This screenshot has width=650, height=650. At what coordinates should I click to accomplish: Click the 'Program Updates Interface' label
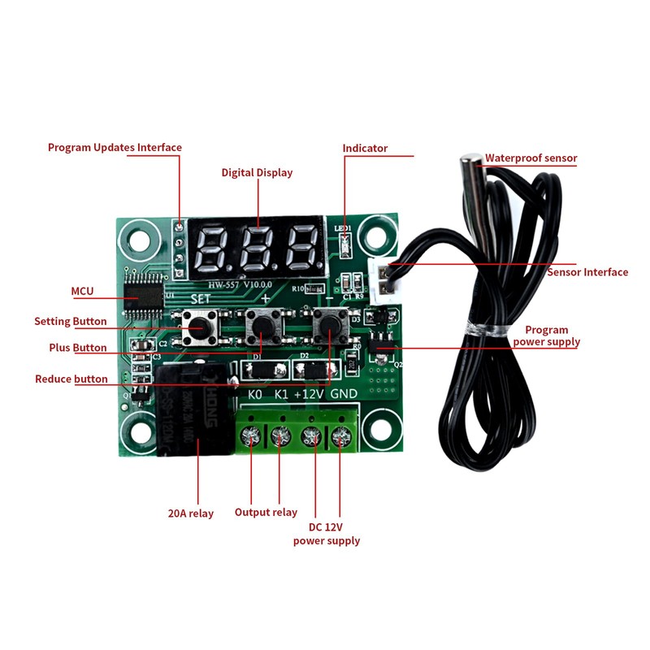tap(115, 147)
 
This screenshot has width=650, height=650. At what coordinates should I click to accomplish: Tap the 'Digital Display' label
tap(257, 172)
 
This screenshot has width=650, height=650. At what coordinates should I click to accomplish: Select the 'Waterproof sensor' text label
tap(531, 158)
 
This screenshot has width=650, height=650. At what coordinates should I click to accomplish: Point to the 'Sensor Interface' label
tap(587, 272)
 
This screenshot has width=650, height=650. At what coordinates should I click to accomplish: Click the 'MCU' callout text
tap(83, 290)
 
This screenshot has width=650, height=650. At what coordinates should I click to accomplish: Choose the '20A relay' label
tap(191, 513)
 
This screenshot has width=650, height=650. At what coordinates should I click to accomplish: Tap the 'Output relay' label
tap(266, 513)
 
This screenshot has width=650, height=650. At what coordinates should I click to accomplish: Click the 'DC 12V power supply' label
tap(327, 534)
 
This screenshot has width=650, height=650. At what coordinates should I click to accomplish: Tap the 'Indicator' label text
tap(365, 148)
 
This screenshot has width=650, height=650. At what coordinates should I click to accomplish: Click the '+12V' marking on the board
tap(310, 394)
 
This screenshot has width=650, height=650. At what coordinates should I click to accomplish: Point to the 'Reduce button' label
tap(71, 379)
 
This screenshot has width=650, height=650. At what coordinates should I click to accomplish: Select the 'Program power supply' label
tap(546, 336)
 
